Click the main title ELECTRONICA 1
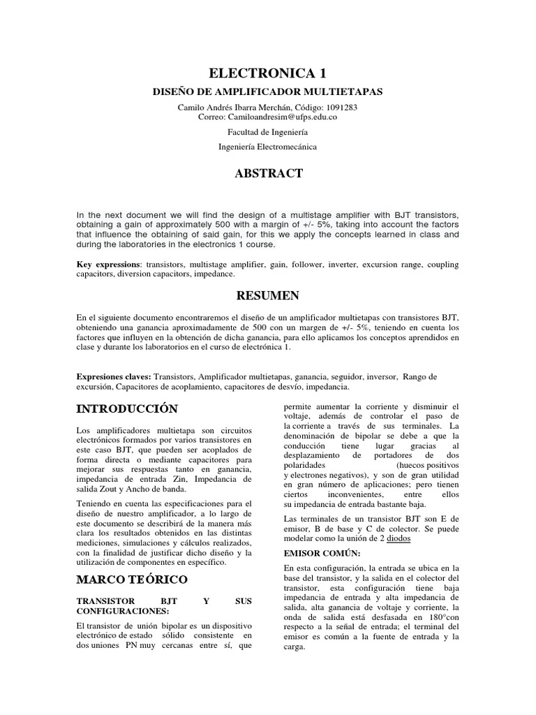(267, 73)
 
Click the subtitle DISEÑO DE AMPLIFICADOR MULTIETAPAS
(267, 92)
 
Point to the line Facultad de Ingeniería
(267, 132)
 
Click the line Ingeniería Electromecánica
(267, 147)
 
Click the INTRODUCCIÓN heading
(126, 408)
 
